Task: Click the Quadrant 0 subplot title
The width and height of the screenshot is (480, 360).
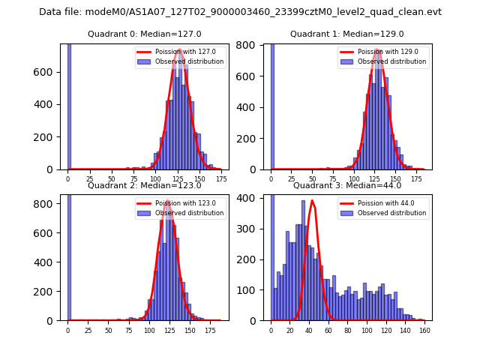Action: (x=144, y=34)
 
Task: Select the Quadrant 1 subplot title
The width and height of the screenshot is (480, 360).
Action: (x=347, y=34)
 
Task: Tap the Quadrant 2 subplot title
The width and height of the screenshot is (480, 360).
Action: (x=144, y=185)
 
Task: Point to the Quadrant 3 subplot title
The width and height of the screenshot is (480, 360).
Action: (x=347, y=185)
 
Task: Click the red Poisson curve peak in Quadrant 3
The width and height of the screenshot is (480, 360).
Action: (x=313, y=200)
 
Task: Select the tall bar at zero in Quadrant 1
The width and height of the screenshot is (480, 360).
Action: (x=271, y=105)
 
